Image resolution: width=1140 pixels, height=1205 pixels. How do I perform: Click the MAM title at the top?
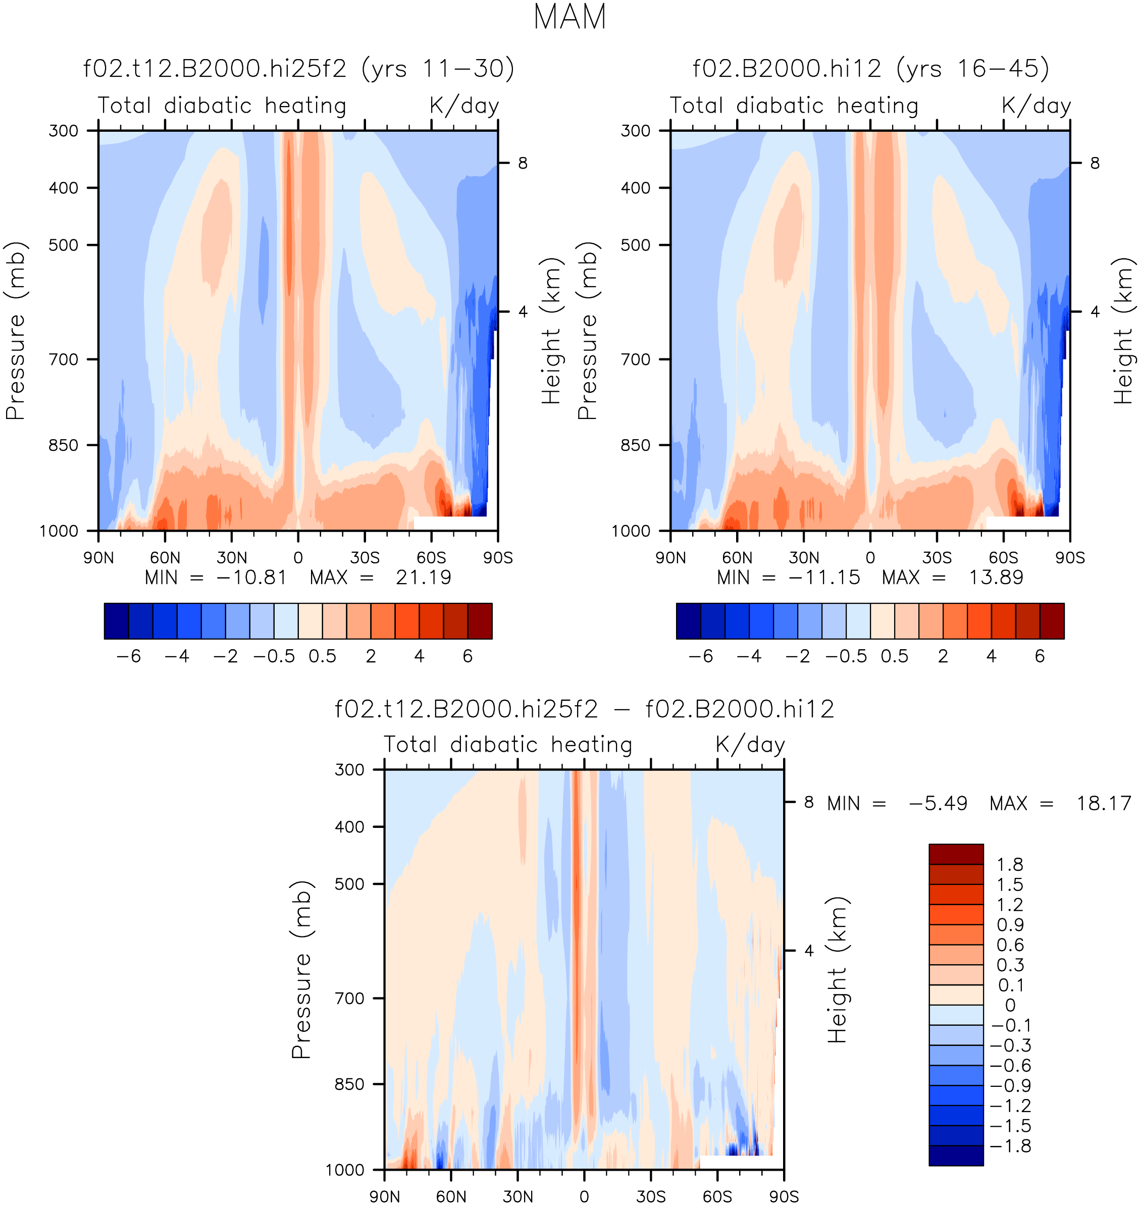click(x=569, y=17)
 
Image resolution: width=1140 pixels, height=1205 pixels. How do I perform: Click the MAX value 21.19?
click(x=424, y=578)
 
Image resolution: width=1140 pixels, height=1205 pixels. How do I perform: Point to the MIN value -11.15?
click(x=824, y=578)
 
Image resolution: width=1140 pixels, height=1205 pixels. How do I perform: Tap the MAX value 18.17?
click(x=1104, y=803)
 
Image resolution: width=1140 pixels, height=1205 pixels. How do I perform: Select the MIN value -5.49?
click(x=938, y=803)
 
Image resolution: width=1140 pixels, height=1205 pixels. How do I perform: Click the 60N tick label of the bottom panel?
click(x=451, y=1196)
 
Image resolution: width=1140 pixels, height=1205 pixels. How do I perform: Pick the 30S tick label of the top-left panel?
click(x=365, y=557)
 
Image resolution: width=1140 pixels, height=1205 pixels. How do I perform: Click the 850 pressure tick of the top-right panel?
click(x=636, y=445)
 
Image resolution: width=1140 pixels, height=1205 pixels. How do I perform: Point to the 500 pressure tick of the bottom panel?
click(x=349, y=883)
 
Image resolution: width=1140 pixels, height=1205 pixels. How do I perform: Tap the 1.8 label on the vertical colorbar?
click(x=1010, y=864)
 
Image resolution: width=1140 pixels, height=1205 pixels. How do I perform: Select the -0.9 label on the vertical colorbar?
click(x=1011, y=1085)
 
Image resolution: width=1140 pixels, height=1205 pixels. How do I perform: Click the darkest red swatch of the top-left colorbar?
click(x=480, y=621)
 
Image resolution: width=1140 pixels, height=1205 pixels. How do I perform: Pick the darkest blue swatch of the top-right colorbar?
click(x=689, y=621)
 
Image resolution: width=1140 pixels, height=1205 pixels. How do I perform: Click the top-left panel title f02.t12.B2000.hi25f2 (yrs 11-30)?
click(x=299, y=69)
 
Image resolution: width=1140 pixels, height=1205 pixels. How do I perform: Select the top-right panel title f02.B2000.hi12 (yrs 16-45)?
click(x=871, y=69)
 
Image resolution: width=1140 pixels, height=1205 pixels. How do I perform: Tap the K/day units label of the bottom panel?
click(x=750, y=745)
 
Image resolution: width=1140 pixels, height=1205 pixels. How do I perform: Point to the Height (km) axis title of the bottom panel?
click(x=837, y=970)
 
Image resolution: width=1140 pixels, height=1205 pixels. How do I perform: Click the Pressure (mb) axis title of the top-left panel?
click(x=15, y=331)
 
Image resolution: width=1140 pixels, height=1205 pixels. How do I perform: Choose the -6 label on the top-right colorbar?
click(x=701, y=656)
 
